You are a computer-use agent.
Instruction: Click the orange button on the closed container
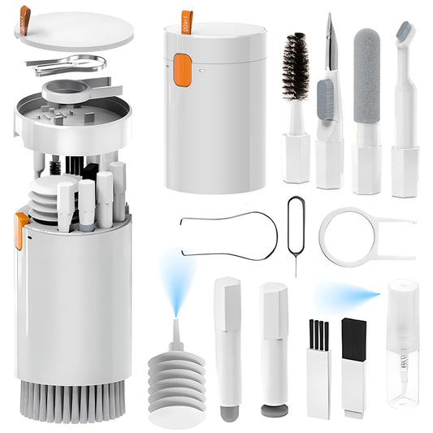click(x=182, y=70)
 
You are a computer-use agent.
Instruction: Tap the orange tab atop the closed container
click(x=188, y=20)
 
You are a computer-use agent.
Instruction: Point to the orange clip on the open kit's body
click(x=19, y=228)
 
